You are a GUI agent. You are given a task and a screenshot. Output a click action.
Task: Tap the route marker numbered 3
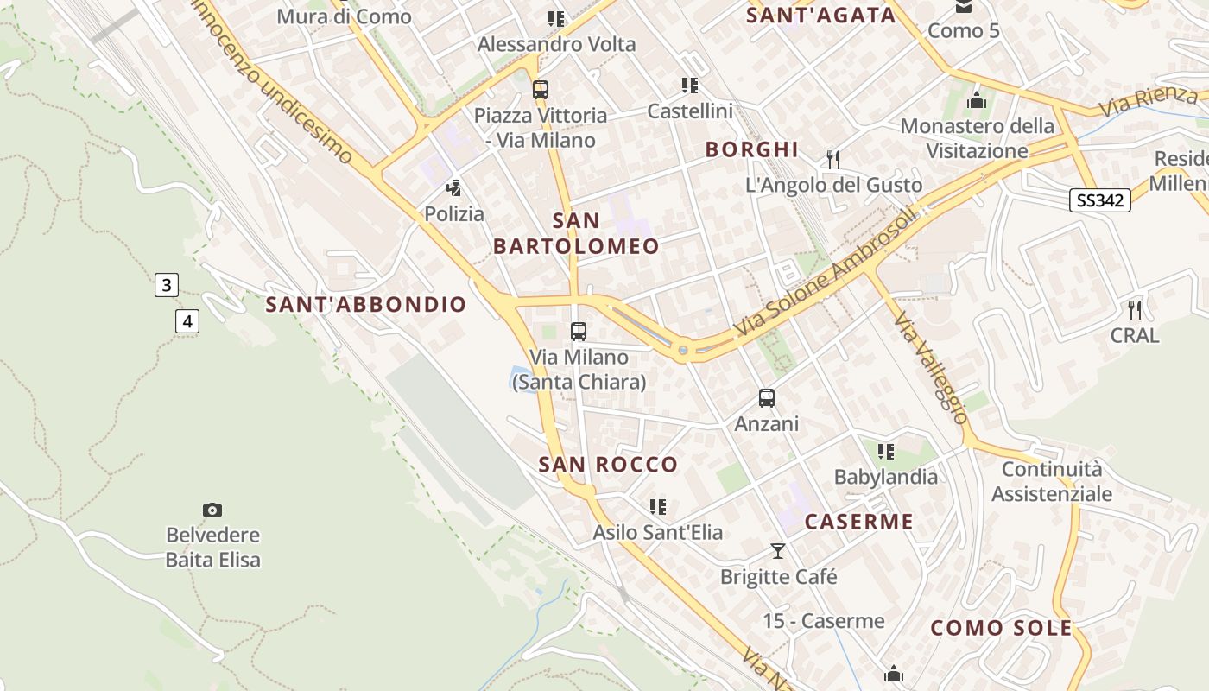click(167, 284)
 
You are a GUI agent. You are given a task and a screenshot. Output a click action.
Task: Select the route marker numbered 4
click(187, 322)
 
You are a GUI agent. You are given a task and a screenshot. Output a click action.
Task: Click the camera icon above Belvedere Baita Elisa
click(212, 510)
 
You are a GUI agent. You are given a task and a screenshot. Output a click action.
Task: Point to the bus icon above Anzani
click(767, 398)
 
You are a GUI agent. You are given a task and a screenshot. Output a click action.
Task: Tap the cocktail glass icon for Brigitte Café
click(778, 550)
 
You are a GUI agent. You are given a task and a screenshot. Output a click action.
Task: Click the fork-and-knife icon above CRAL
click(1135, 309)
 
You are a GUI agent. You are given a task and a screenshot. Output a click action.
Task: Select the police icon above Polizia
click(453, 187)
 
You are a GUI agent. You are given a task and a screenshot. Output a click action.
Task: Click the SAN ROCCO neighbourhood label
click(608, 465)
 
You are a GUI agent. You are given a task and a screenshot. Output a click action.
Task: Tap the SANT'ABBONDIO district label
click(365, 304)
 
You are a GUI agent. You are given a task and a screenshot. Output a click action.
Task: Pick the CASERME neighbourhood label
click(858, 522)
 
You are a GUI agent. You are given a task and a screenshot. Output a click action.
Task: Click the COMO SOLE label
click(1001, 628)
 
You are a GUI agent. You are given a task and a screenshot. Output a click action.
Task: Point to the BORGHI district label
click(751, 149)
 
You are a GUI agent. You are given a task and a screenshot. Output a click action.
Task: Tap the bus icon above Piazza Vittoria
click(541, 89)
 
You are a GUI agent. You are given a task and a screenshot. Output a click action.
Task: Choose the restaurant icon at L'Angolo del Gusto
click(833, 159)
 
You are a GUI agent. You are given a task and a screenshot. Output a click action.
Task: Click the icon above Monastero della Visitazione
click(977, 100)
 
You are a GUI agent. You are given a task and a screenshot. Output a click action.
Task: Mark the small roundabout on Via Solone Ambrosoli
click(683, 350)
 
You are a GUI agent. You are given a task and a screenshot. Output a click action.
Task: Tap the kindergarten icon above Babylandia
click(885, 451)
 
